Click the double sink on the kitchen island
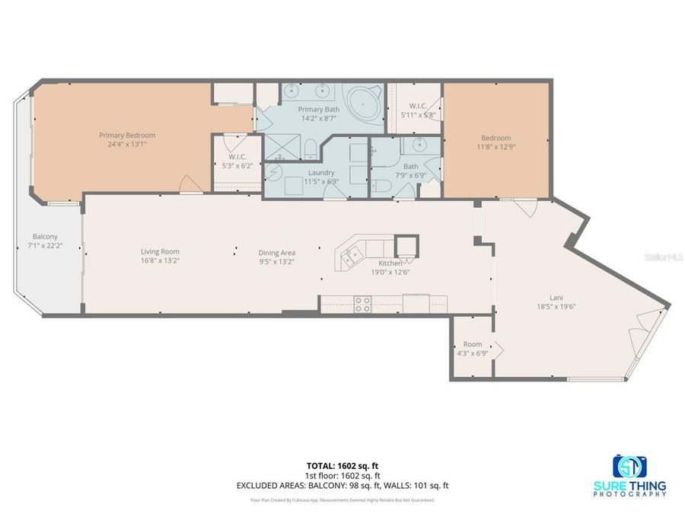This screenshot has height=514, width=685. (x=350, y=257)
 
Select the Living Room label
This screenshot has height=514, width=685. (x=160, y=252)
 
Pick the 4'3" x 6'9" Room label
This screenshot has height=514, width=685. (x=473, y=353)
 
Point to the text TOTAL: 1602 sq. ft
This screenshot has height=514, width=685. (x=342, y=464)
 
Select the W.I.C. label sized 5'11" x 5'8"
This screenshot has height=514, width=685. (x=419, y=110)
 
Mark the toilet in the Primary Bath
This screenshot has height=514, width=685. (x=311, y=148)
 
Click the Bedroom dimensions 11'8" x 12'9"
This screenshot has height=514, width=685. (x=495, y=146)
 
